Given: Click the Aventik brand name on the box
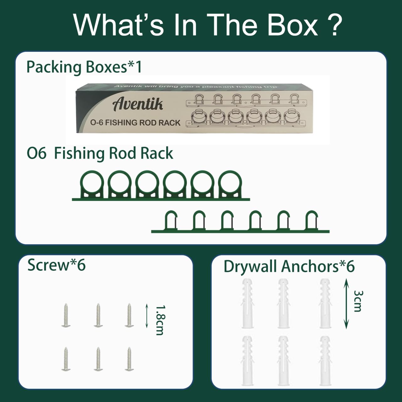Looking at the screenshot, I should [x=138, y=104].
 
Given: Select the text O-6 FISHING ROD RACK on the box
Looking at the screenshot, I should [x=135, y=122].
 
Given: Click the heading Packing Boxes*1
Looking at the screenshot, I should [x=84, y=67].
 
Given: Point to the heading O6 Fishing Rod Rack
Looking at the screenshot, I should [x=100, y=153].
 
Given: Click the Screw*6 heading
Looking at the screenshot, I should [x=57, y=265].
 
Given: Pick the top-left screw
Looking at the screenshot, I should [x=66, y=315].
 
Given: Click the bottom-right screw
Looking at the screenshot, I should [x=129, y=359].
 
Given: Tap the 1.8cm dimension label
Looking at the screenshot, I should [x=160, y=320].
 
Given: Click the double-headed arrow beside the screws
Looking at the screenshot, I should [x=147, y=315].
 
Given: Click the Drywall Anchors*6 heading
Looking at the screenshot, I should [x=289, y=266].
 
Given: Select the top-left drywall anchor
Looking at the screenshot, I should [x=247, y=303].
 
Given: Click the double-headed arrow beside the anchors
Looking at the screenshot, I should [x=346, y=303].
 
